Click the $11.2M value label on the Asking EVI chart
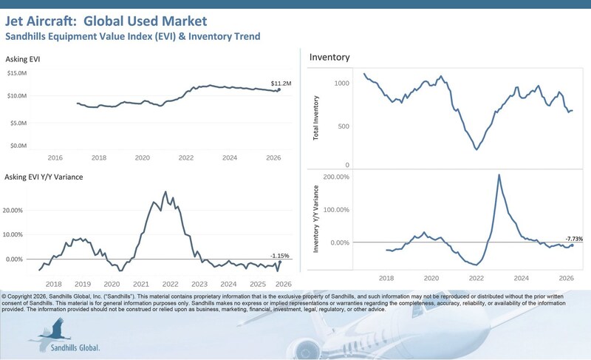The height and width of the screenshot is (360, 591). pos(281,84)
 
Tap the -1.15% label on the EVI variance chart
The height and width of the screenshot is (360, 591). pos(280,256)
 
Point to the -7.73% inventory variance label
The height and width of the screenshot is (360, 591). pos(574,239)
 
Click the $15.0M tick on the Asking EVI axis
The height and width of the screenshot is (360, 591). pos(17,72)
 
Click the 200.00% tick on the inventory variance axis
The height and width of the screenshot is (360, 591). pos(336,177)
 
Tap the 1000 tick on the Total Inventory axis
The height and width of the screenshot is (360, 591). pos(342,83)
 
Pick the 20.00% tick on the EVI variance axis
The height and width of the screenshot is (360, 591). pos(13,211)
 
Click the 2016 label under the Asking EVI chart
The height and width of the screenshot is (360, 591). pos(55,157)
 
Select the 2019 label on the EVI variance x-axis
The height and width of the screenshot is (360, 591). pos(83,284)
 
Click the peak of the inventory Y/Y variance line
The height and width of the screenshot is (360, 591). pos(499,174)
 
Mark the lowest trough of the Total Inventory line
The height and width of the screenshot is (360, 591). pos(476,149)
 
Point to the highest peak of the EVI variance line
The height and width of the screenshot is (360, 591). pos(165,192)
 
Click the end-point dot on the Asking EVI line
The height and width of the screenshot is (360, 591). pos(279,89)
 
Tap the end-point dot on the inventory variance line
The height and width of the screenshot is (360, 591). pos(572,245)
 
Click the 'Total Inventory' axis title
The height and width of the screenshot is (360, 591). pos(316,118)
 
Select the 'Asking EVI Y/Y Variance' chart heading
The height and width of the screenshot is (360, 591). pos(44,177)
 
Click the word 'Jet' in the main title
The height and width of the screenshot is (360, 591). pos(13,21)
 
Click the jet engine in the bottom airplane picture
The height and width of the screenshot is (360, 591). pos(304,348)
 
